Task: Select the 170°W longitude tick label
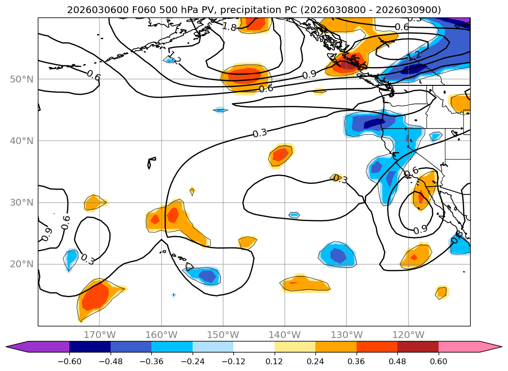pos(99,335)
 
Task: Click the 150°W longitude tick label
pos(223,335)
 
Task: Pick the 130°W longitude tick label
pos(346,335)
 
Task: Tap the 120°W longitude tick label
pos(408,335)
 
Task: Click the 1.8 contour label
pos(229,27)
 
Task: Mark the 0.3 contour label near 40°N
pos(260,133)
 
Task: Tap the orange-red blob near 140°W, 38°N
pos(281,155)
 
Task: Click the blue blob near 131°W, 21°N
pos(338,255)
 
